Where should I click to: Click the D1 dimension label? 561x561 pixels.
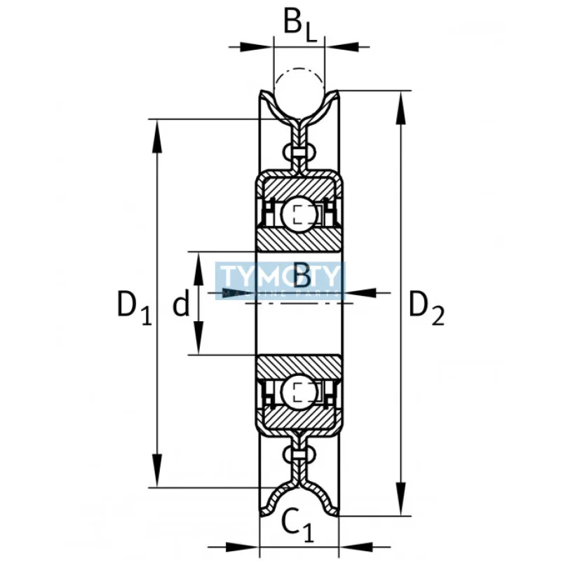133,309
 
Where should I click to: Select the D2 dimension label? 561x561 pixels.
426,309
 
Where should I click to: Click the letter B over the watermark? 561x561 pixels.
302,276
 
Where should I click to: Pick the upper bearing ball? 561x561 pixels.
299,213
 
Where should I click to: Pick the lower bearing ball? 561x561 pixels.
299,391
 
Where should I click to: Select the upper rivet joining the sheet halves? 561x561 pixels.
299,152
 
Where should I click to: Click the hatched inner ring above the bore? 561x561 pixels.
299,238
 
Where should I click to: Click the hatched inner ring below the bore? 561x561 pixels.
299,365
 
